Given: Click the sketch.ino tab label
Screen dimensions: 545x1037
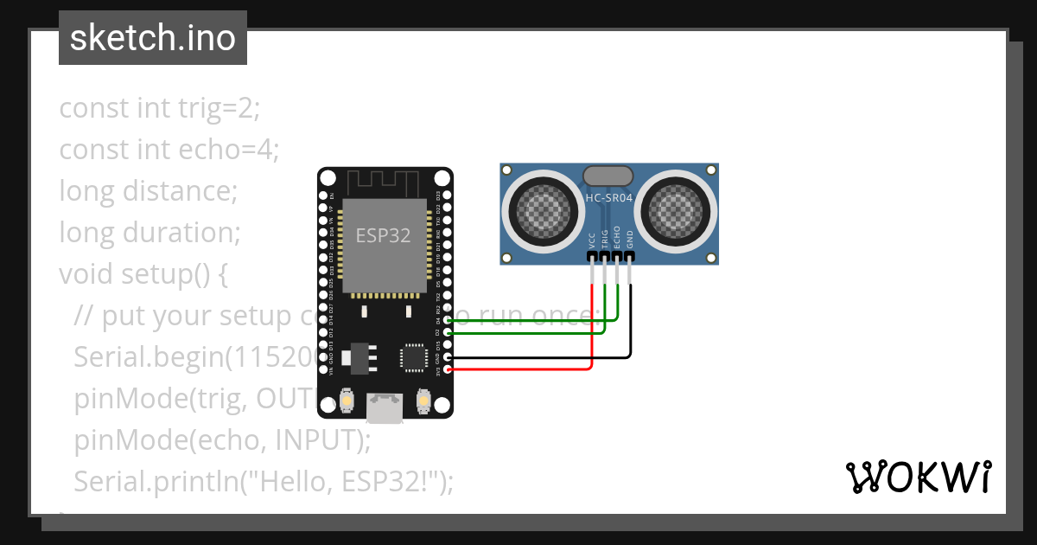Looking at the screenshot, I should point(152,38).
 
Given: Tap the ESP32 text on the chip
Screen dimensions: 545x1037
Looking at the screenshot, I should point(383,235).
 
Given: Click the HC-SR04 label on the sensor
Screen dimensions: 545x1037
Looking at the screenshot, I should point(609,198).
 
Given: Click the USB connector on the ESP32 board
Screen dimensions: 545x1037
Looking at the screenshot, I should point(385,407).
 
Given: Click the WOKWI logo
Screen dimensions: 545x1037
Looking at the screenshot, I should point(918,477).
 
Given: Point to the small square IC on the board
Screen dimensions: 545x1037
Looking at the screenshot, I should point(412,356).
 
